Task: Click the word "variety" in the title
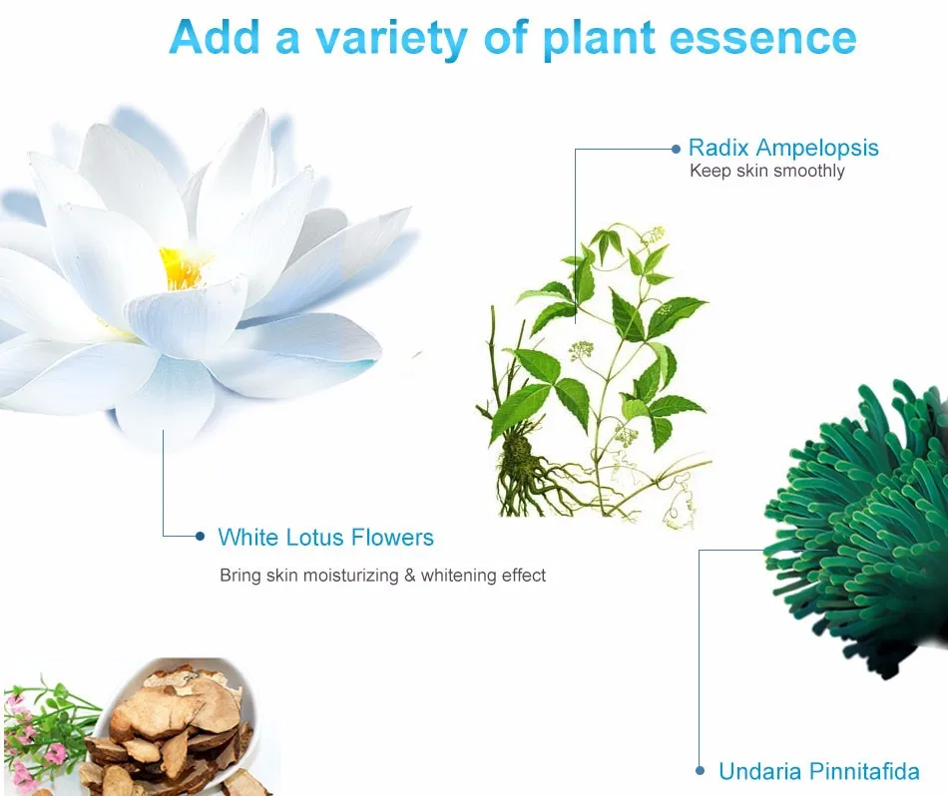point(391,38)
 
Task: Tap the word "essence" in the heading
point(763,38)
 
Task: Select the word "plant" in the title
point(599,39)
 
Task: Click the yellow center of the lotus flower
point(181,268)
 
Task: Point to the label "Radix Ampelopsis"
point(783,148)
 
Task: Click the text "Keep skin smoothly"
point(767,171)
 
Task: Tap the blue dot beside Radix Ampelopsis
point(676,149)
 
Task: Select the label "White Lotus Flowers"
point(326,538)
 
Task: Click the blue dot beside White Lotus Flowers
point(201,536)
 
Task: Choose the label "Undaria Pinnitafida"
point(819,771)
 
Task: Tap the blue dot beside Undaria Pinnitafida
point(701,771)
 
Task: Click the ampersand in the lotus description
point(410,575)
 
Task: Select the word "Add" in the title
point(215,38)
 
